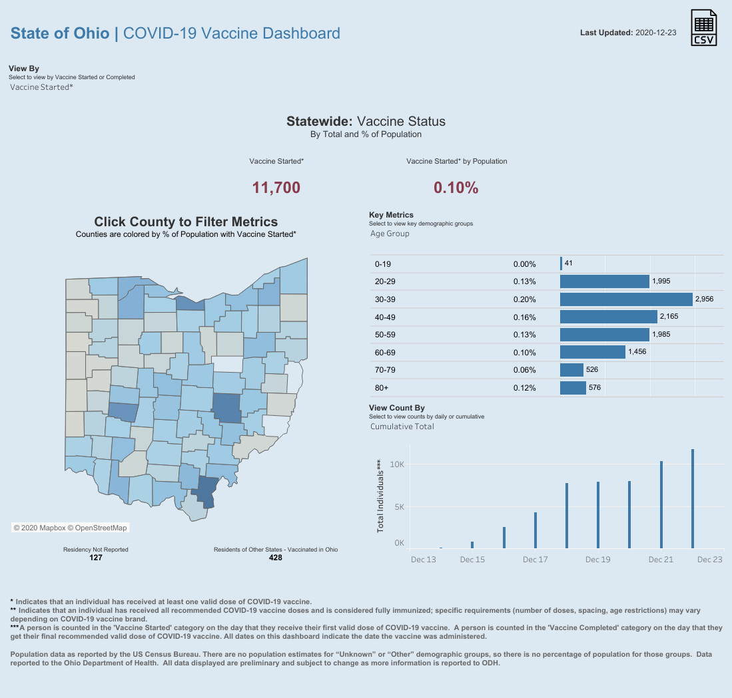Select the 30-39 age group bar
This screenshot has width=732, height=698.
[x=626, y=299]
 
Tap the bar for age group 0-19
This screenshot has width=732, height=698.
[x=561, y=263]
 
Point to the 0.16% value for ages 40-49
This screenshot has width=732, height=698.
[x=525, y=317]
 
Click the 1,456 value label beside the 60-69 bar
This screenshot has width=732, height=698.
[x=637, y=352]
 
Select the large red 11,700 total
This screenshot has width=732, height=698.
[x=276, y=188]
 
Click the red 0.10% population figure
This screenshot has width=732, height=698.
[x=456, y=188]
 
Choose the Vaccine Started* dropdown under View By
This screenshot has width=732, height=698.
[x=42, y=87]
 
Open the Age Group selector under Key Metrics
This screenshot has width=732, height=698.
[x=390, y=234]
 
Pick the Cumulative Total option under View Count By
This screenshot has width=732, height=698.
[x=402, y=427]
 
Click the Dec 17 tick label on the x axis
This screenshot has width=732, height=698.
[x=535, y=560]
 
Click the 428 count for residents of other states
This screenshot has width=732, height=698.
[x=275, y=558]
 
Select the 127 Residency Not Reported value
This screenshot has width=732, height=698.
[x=95, y=558]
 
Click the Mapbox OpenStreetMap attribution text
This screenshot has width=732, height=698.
[x=70, y=528]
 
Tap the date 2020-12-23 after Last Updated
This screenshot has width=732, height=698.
[x=657, y=32]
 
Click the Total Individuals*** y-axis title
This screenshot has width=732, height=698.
[x=381, y=496]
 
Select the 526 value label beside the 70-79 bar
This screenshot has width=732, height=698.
[x=591, y=369]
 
